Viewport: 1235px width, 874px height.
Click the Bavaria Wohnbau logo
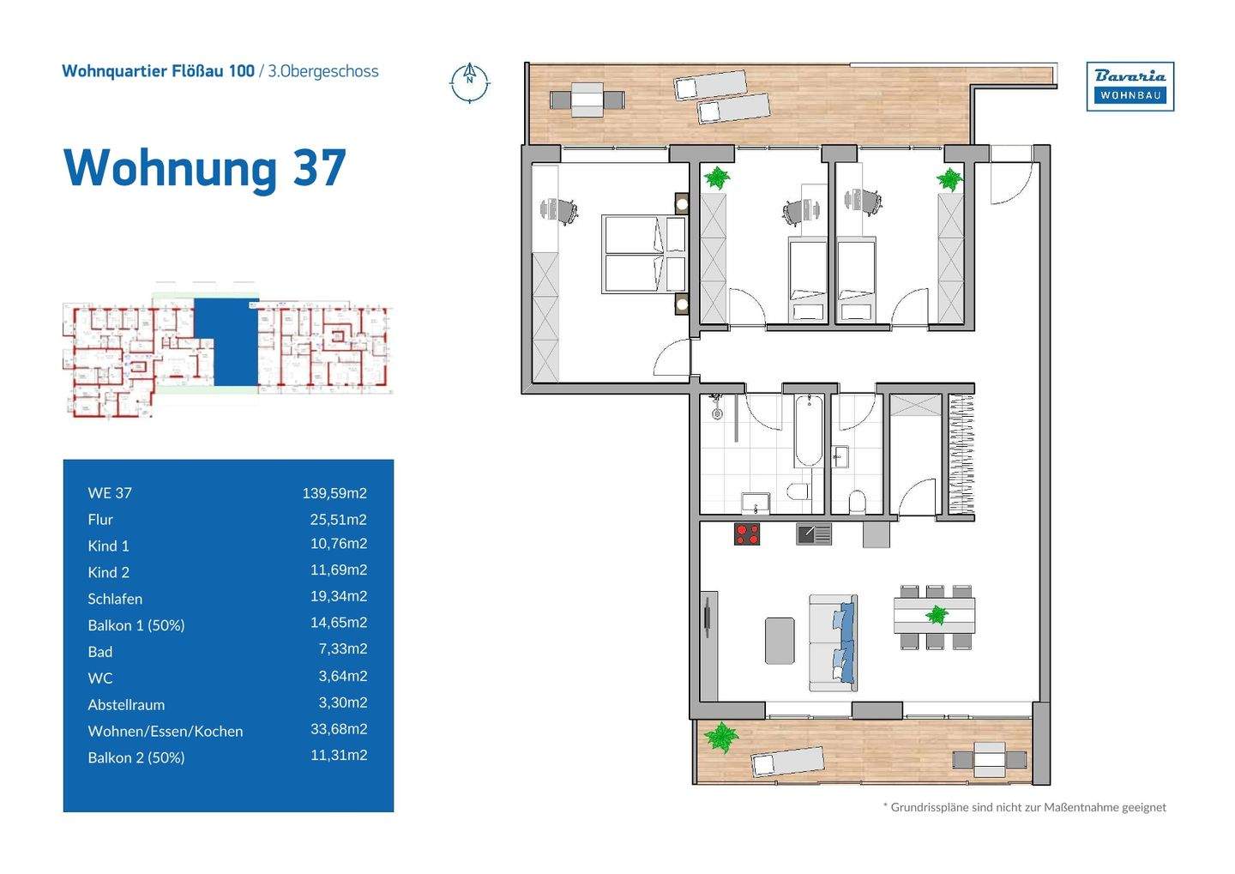1130,86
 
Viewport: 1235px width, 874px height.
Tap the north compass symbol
469,82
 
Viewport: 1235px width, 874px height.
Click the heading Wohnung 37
205,167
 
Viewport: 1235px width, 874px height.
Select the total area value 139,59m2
334,492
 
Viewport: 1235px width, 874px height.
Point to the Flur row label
100,519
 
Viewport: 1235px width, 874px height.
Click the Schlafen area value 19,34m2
338,596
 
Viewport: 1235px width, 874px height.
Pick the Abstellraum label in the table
126,704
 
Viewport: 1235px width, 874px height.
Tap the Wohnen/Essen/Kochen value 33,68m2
338,729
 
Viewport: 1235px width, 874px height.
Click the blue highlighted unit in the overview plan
225,341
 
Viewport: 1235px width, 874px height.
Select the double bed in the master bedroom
643,254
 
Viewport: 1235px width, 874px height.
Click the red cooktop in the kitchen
747,533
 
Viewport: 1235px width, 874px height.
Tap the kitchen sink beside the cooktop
813,534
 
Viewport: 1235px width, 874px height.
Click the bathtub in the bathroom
808,430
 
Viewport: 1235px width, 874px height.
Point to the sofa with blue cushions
833,642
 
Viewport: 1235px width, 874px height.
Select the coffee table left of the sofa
780,641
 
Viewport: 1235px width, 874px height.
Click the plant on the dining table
936,614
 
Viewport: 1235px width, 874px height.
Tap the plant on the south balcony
720,737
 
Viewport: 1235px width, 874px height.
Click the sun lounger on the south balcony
786,762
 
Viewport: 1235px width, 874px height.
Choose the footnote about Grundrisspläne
1024,807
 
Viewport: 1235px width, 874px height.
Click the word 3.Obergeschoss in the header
323,71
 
